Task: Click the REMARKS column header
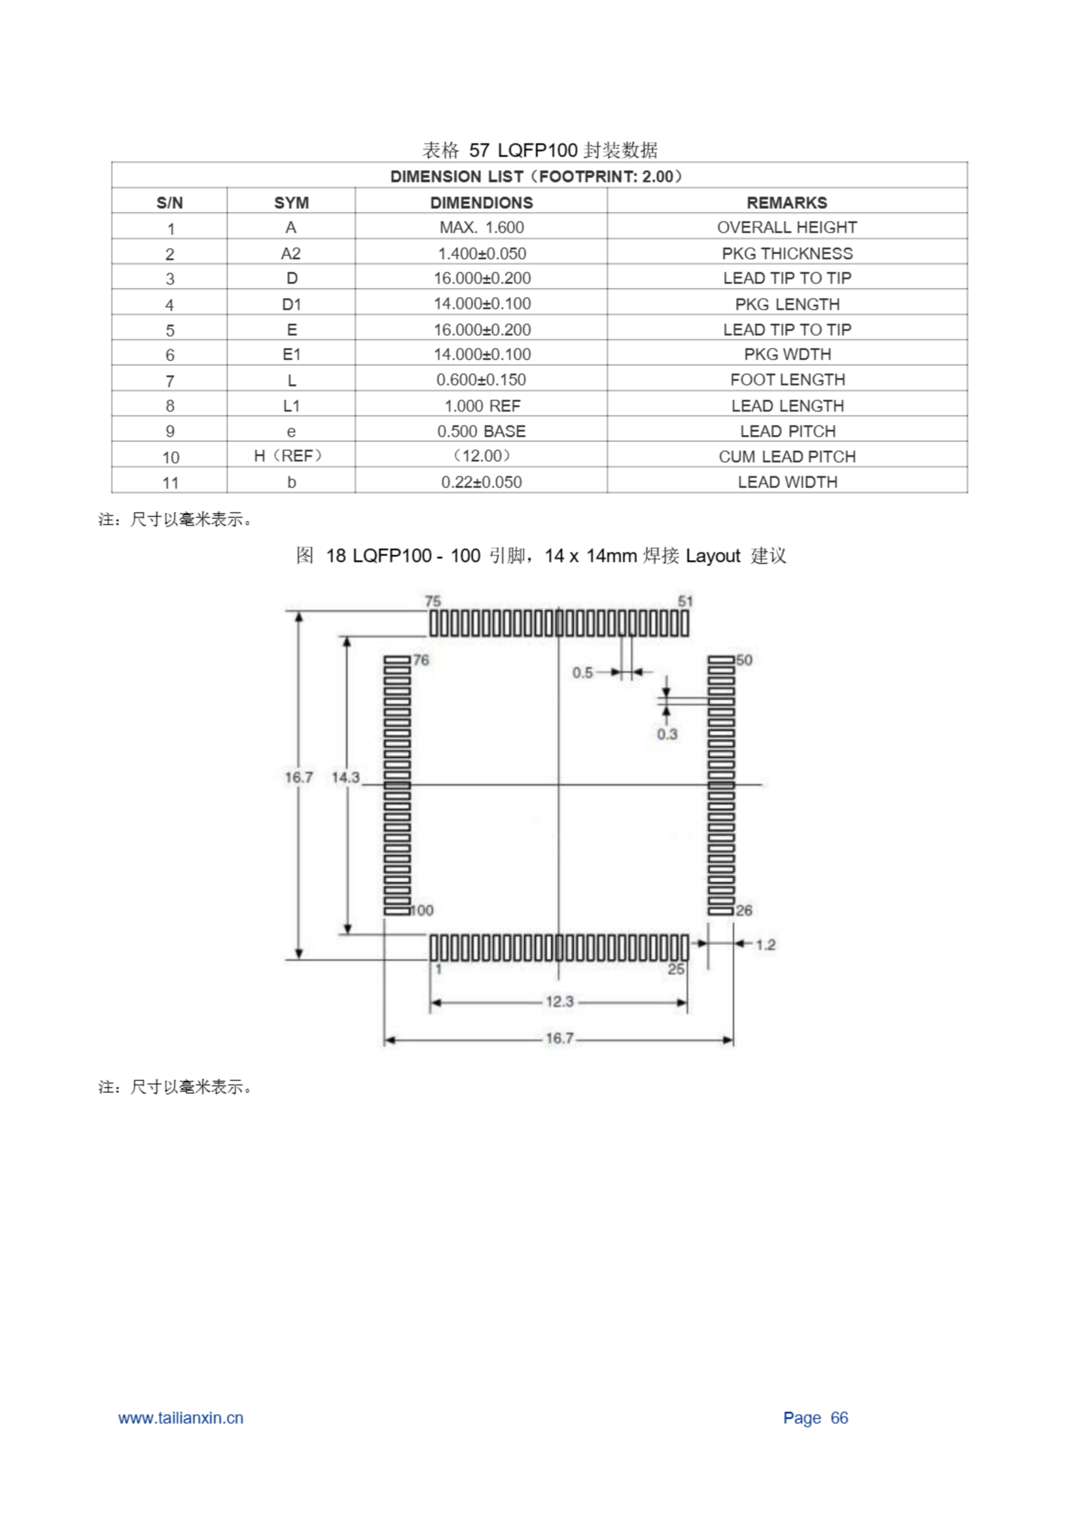[x=786, y=203]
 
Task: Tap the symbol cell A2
[x=290, y=254]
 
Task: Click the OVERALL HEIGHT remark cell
[x=786, y=228]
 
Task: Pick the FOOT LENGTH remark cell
[x=787, y=380]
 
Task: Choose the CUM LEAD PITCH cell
[x=786, y=457]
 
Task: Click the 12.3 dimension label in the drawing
[x=559, y=1001]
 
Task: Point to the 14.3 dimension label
[x=345, y=777]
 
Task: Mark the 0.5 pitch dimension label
[x=582, y=672]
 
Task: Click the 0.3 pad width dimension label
[x=667, y=734]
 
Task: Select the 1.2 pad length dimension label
[x=765, y=944]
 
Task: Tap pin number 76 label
[x=421, y=660]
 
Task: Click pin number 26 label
[x=744, y=910]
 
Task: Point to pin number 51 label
[x=686, y=601]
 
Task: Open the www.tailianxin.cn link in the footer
[x=181, y=1418]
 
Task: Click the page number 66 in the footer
[x=839, y=1418]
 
